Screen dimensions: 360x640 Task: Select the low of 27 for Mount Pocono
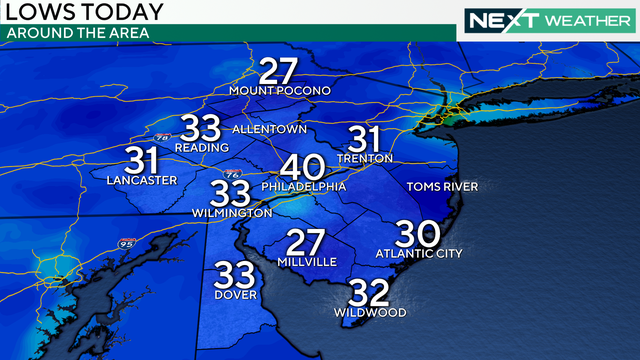pos(280,72)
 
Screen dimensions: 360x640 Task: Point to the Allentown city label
pos(268,130)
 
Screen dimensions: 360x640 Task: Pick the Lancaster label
pos(141,181)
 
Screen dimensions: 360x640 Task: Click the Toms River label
pos(442,187)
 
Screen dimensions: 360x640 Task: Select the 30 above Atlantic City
pos(418,234)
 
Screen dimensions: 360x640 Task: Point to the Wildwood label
pos(370,313)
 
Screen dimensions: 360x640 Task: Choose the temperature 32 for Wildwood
pos(369,292)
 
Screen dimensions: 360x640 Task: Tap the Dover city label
pos(235,294)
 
